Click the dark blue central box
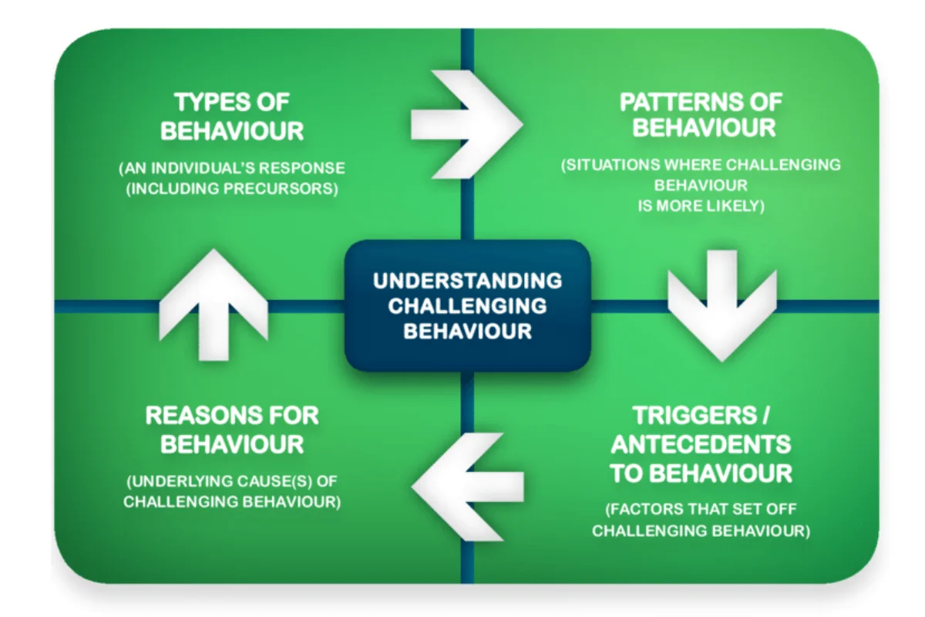(x=467, y=305)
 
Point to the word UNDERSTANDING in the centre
(x=467, y=280)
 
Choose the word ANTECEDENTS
(x=701, y=444)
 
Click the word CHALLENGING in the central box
(x=467, y=305)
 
